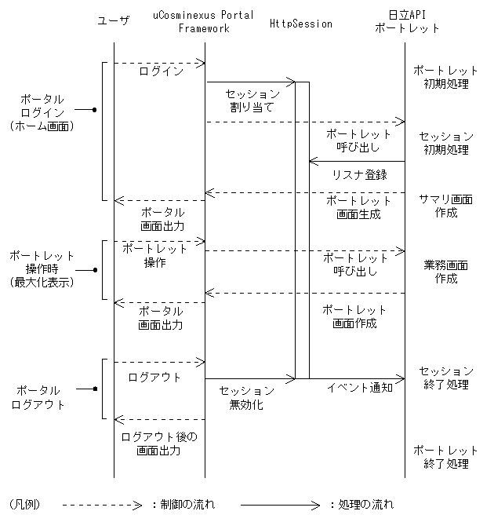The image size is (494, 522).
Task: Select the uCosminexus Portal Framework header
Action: [x=203, y=22]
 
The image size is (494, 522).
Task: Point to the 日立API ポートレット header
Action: [x=407, y=22]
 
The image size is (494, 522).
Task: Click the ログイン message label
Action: [x=161, y=71]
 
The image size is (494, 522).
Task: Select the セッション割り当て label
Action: [x=252, y=100]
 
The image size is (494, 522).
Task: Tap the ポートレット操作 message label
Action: [x=155, y=256]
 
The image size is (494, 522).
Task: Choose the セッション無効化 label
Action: [x=246, y=397]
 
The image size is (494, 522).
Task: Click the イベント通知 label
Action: [x=360, y=387]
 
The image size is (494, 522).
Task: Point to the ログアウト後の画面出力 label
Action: [x=160, y=444]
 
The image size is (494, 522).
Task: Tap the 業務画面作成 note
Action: [x=445, y=272]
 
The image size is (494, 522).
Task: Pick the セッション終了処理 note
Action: [x=445, y=378]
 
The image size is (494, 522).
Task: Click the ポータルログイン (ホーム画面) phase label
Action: [x=42, y=112]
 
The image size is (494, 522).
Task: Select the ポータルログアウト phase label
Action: [x=38, y=397]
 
